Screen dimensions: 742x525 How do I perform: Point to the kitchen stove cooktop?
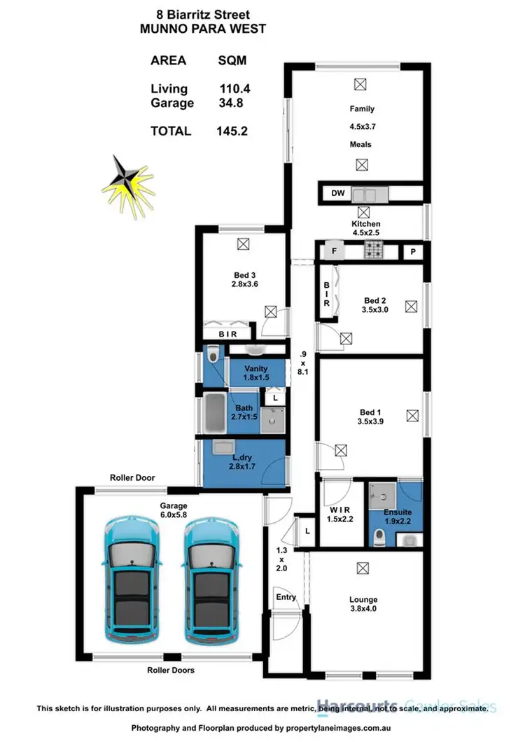coord(372,250)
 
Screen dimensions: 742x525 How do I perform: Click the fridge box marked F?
coord(334,250)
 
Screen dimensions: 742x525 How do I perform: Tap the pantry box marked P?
coord(413,251)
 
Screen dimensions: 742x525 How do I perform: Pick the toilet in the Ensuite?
coord(379,536)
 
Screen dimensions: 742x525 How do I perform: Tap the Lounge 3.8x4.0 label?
coord(363,604)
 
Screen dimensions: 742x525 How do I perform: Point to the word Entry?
coord(286,597)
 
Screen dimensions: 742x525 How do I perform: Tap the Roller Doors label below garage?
coord(171,670)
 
